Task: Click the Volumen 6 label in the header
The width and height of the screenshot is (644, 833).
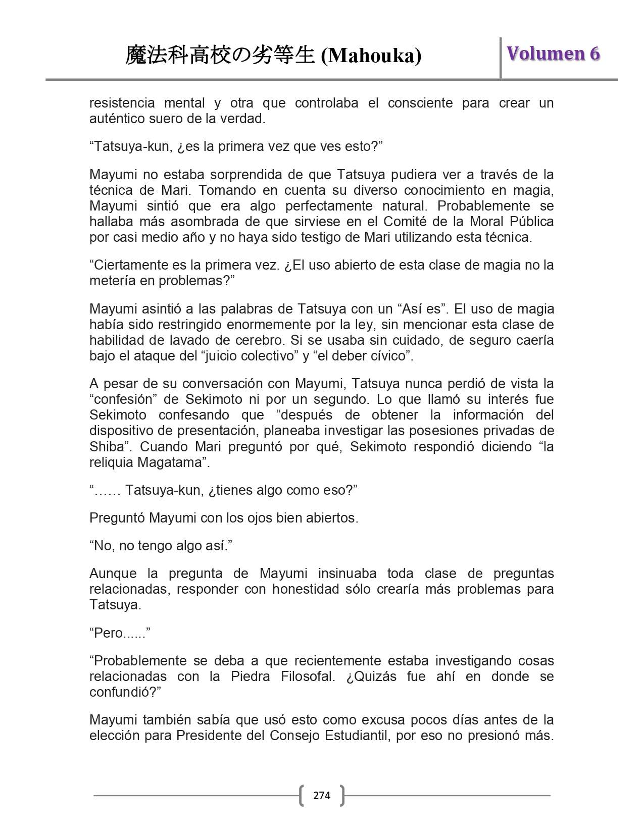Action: (x=553, y=54)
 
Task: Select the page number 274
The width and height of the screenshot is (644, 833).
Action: (x=322, y=796)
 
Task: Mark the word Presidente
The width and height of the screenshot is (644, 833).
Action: (x=209, y=736)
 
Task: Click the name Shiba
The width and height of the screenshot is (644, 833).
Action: (x=107, y=447)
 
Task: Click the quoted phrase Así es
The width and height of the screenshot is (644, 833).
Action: (x=420, y=309)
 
